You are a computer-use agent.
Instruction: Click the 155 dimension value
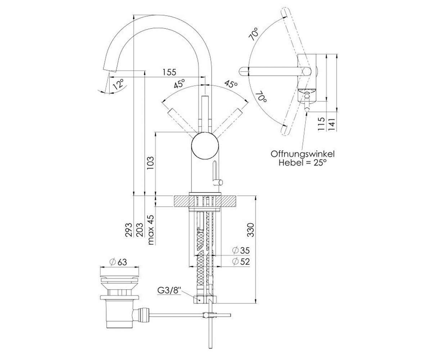pyautogui.click(x=169, y=72)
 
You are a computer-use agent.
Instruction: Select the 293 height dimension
pyautogui.click(x=129, y=230)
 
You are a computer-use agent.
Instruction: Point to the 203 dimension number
pyautogui.click(x=140, y=230)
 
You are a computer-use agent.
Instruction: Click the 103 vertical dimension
pyautogui.click(x=150, y=163)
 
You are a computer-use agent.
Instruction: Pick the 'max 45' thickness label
pyautogui.click(x=151, y=230)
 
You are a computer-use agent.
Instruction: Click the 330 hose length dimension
pyautogui.click(x=251, y=230)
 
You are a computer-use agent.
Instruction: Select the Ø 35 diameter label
pyautogui.click(x=241, y=251)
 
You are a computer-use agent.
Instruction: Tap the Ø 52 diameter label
pyautogui.click(x=241, y=262)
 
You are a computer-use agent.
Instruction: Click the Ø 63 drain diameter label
pyautogui.click(x=118, y=262)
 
